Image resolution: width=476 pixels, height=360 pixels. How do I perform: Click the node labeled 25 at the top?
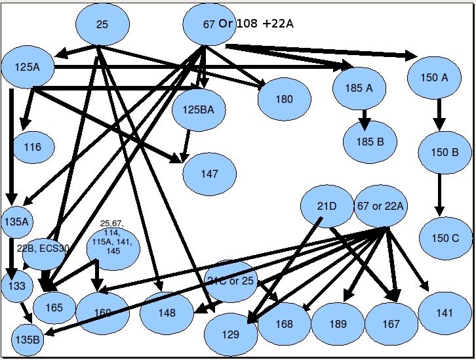click(x=102, y=25)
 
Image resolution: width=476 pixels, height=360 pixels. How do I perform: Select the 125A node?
click(x=27, y=66)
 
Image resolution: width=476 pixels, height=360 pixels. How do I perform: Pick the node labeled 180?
click(x=284, y=100)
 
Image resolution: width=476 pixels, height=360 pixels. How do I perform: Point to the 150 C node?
click(x=446, y=238)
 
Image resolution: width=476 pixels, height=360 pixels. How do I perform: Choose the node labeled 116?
click(x=32, y=147)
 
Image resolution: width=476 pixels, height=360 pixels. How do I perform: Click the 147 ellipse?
click(x=209, y=174)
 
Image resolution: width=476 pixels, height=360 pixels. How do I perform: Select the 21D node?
click(x=327, y=207)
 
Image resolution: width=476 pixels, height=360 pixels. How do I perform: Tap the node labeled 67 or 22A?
click(x=381, y=207)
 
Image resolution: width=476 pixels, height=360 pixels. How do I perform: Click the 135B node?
click(x=28, y=339)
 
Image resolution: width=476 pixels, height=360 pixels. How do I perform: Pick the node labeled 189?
click(x=338, y=324)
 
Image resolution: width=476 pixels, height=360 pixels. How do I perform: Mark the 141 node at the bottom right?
click(x=444, y=313)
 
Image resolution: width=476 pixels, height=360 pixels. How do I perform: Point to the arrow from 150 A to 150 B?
click(x=439, y=115)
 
